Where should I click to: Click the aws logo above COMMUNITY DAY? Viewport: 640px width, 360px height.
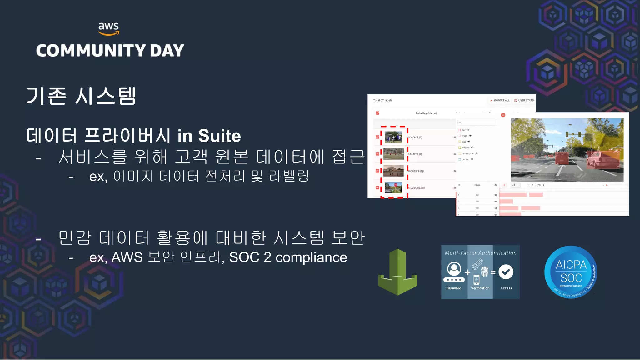(108, 28)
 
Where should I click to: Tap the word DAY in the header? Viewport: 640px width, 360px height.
(167, 51)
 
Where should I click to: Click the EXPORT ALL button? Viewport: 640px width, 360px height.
(500, 100)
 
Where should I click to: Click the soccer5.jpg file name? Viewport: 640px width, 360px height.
(415, 137)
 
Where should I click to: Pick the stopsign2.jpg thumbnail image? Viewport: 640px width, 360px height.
(393, 187)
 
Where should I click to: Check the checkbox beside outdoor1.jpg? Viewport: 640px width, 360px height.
(377, 171)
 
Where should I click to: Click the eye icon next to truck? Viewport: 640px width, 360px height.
(470, 136)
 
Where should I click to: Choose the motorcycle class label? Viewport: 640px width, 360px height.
(467, 153)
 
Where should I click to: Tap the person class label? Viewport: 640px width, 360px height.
(466, 159)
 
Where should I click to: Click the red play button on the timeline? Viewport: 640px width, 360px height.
(504, 185)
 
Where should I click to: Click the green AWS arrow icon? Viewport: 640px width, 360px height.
(397, 272)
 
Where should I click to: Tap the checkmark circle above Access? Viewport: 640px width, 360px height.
(506, 272)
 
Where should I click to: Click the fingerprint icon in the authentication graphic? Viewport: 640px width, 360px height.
(485, 271)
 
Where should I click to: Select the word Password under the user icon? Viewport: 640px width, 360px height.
(454, 288)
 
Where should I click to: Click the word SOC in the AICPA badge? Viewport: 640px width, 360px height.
(571, 278)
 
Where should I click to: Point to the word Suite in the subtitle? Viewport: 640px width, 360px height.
(219, 136)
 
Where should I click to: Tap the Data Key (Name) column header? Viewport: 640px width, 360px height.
(426, 113)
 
